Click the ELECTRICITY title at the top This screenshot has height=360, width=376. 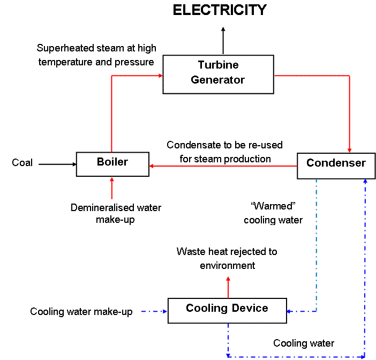[220, 10]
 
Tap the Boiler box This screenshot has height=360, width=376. [112, 163]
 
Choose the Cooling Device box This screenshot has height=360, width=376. [227, 310]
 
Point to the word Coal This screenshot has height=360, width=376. [22, 163]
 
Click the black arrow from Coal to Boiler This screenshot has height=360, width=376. [57, 163]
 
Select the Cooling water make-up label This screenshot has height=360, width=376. [81, 311]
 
